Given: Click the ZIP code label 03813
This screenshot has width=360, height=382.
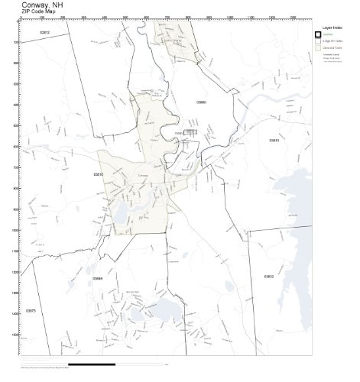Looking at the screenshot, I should click(274, 141).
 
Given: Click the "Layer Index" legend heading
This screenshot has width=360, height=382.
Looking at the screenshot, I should click(329, 27).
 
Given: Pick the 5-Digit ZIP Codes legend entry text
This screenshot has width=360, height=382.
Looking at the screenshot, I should click(332, 41).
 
